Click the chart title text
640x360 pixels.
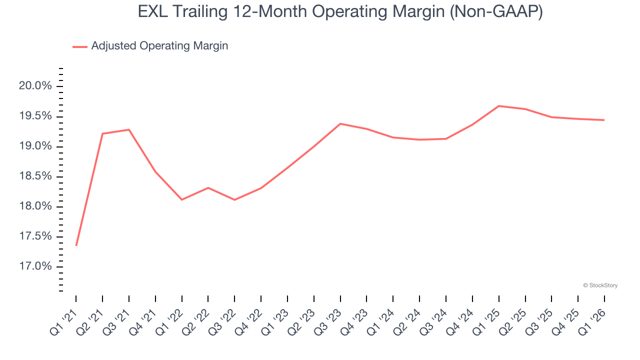click(340, 12)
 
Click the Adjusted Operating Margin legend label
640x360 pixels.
click(159, 46)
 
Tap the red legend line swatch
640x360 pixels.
click(80, 46)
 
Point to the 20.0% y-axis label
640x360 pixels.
click(35, 86)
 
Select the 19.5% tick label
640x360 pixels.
click(35, 116)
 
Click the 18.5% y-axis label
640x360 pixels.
click(35, 176)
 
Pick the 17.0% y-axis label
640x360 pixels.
click(35, 266)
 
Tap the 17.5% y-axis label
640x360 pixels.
click(35, 236)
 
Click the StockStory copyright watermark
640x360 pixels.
click(600, 285)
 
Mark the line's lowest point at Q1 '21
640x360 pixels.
click(76, 245)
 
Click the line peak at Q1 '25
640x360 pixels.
click(498, 106)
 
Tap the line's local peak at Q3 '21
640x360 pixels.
click(129, 129)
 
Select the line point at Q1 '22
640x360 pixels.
click(181, 200)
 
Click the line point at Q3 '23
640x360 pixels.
click(340, 123)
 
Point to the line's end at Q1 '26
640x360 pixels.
click(604, 120)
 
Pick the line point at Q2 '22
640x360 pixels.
click(208, 187)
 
